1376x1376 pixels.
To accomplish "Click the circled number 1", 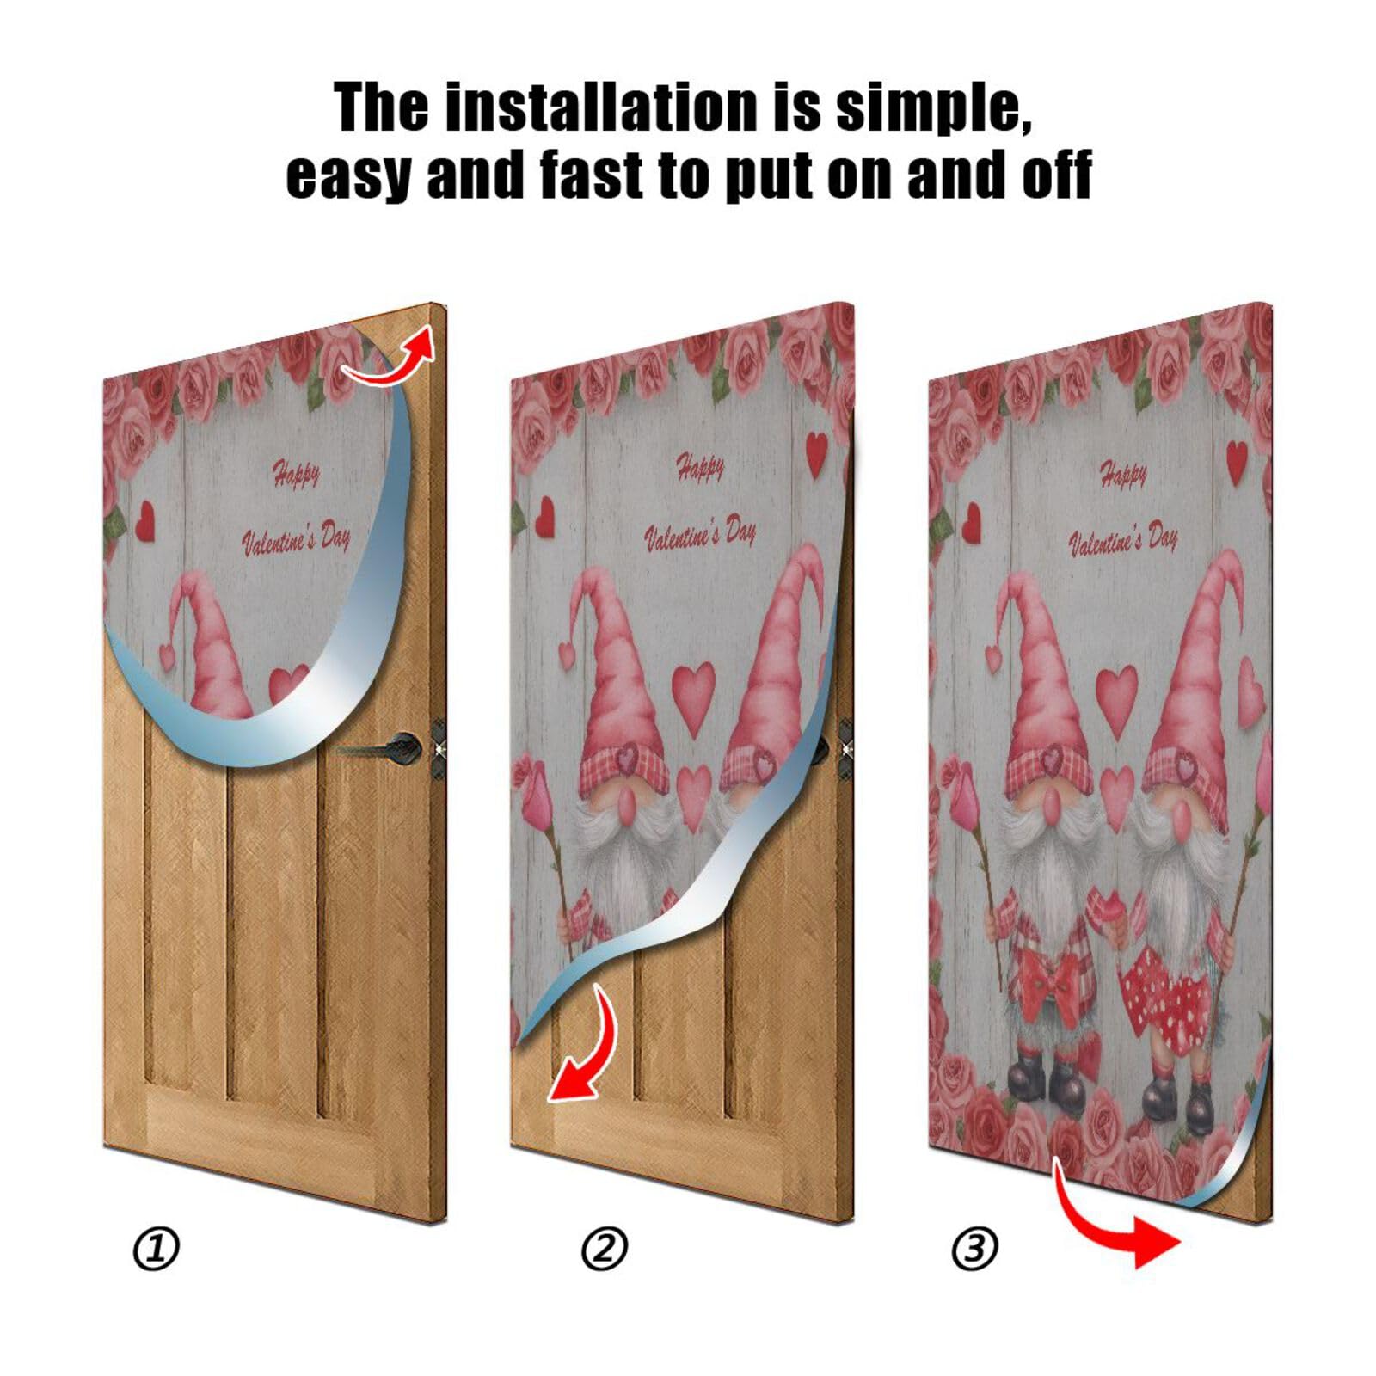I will (156, 1249).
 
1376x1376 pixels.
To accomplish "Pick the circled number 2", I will (604, 1249).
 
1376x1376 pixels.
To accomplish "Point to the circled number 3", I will (974, 1249).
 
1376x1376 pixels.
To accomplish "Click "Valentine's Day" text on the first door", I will (296, 540).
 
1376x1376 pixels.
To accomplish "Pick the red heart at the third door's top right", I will (1236, 462).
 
